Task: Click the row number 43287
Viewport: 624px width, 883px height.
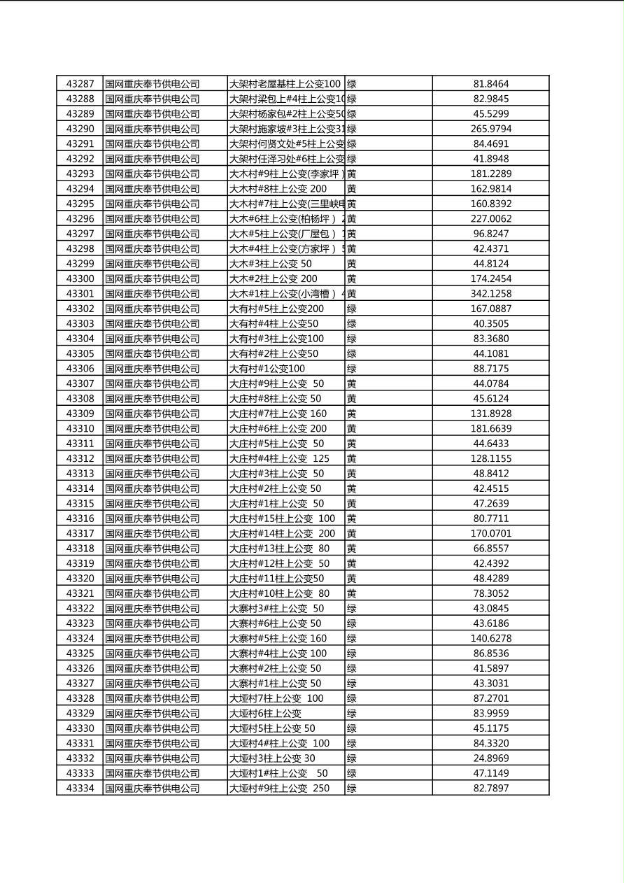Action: [x=80, y=84]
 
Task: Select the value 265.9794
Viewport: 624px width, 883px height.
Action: [x=490, y=129]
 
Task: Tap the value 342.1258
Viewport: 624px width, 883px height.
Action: [x=490, y=294]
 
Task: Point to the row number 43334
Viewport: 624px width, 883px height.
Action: [x=80, y=789]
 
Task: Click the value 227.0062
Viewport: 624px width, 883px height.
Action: [x=490, y=219]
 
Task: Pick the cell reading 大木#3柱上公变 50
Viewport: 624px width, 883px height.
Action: [x=271, y=264]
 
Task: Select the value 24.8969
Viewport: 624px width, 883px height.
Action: [x=490, y=758]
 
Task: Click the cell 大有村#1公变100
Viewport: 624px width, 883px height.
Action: [x=267, y=369]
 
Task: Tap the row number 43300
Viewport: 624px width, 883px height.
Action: [x=80, y=279]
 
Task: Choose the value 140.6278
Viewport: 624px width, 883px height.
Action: [x=490, y=639]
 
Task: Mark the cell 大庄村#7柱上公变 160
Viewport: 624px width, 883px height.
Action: [x=278, y=414]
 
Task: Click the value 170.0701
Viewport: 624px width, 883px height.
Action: [x=490, y=534]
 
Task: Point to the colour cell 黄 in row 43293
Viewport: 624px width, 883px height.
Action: [x=352, y=174]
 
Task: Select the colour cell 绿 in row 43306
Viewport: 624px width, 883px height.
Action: [x=352, y=369]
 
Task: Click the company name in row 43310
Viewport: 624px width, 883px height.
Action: [x=153, y=429]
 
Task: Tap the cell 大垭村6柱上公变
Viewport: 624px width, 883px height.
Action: [x=266, y=714]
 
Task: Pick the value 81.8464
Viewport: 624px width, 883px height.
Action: [x=490, y=84]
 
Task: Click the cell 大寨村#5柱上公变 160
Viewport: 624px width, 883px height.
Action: [x=278, y=639]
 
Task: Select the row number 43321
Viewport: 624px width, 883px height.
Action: [x=80, y=593]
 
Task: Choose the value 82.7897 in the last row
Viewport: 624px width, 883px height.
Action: [x=490, y=789]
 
